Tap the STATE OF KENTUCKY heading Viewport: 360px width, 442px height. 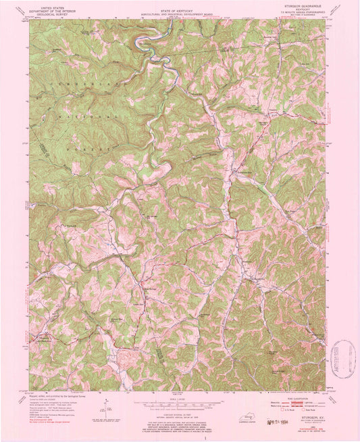pos(178,5)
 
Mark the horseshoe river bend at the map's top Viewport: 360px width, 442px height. pos(142,43)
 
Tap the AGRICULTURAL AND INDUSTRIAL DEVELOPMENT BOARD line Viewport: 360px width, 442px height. pos(178,9)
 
